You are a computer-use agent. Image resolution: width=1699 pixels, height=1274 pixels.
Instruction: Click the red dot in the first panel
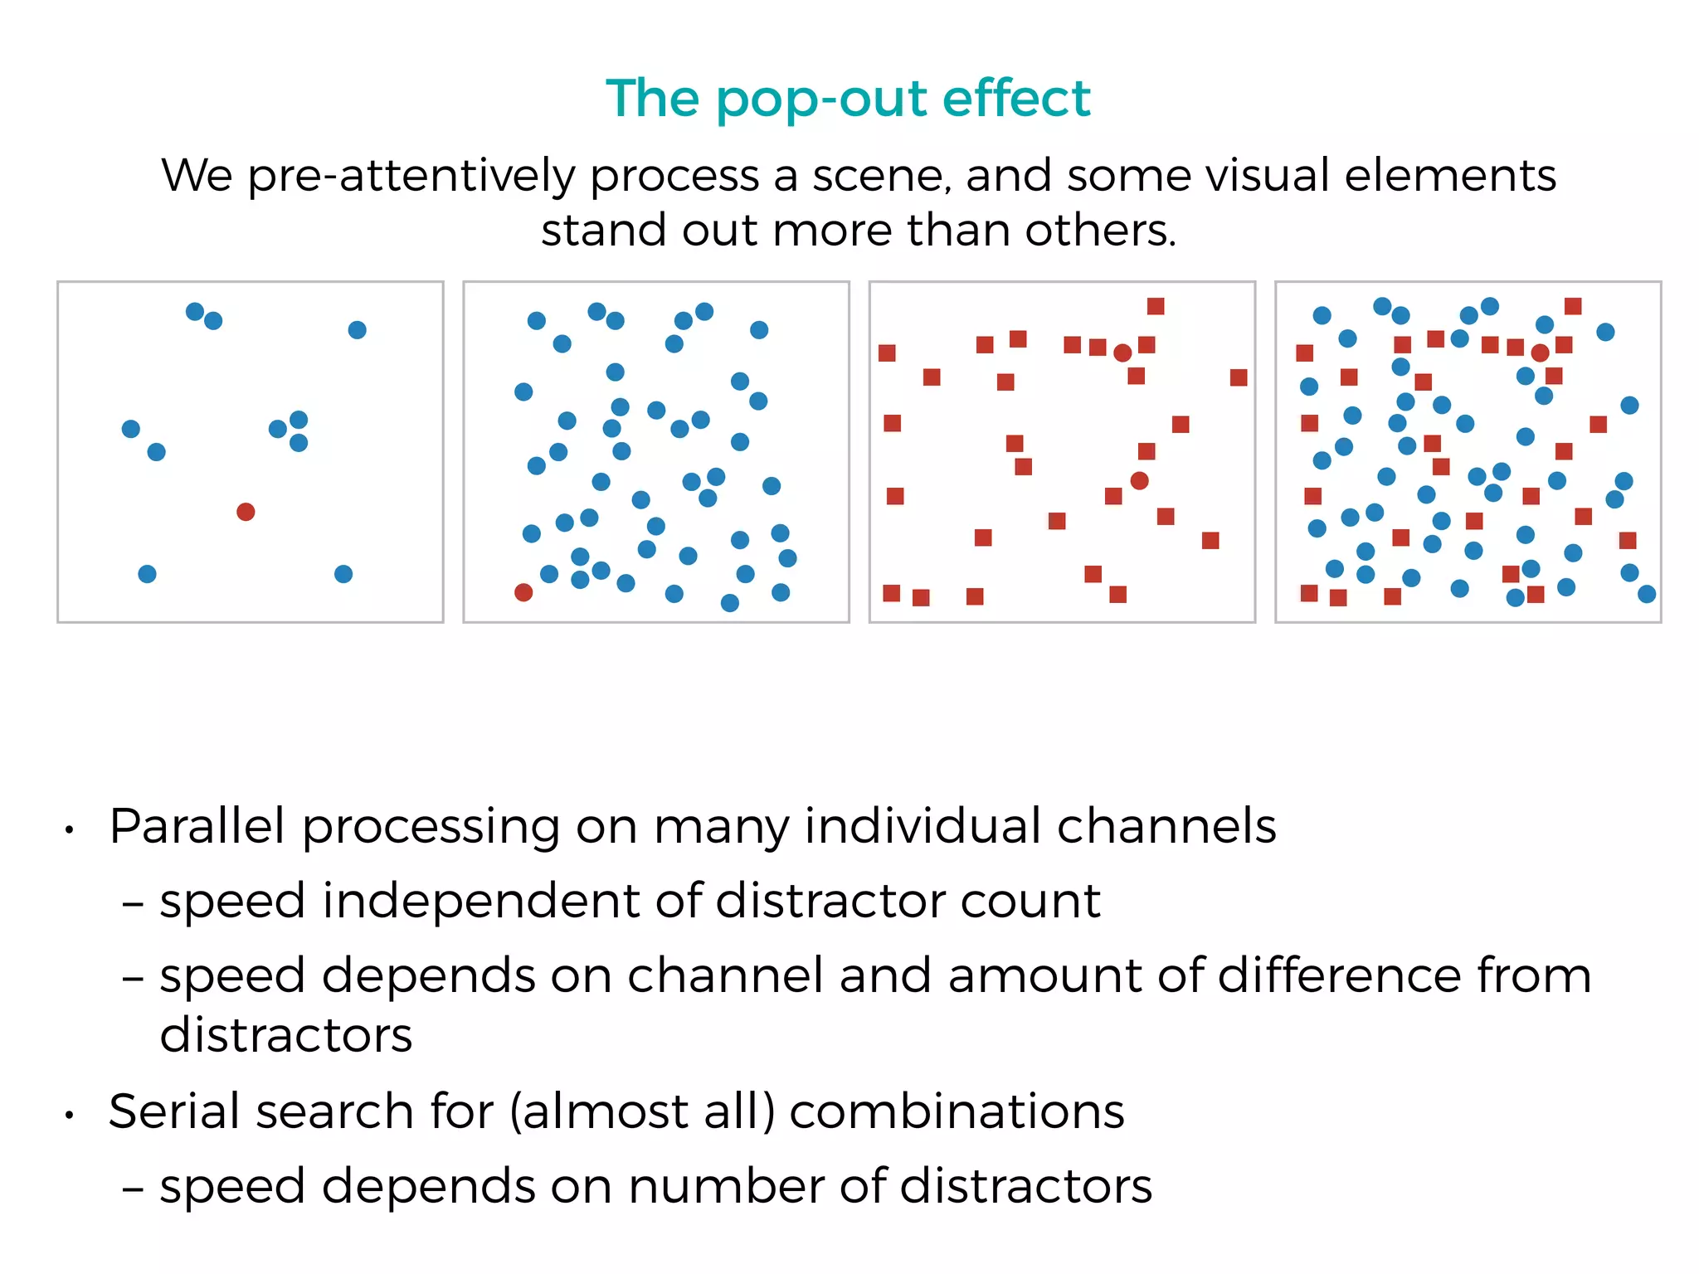tap(246, 512)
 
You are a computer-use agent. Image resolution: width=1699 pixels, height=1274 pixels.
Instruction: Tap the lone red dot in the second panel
tap(523, 592)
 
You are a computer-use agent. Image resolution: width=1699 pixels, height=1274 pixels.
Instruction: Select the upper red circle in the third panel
tap(1122, 353)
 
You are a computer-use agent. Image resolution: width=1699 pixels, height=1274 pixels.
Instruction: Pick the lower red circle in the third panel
tap(1140, 481)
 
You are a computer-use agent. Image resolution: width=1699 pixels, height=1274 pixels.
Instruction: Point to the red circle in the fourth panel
tap(1541, 353)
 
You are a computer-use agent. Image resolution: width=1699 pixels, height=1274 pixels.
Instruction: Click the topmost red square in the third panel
tap(1156, 307)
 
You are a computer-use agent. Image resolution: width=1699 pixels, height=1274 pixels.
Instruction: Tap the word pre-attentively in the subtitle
tap(411, 177)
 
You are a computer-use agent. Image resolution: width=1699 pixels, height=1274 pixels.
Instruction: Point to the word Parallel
tap(197, 827)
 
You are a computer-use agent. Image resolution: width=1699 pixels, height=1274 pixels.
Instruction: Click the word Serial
tap(178, 1111)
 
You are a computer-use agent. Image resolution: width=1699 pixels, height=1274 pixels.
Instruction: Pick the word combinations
tap(957, 1111)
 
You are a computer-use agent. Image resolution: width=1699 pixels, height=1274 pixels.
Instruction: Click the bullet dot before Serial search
tap(71, 1116)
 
